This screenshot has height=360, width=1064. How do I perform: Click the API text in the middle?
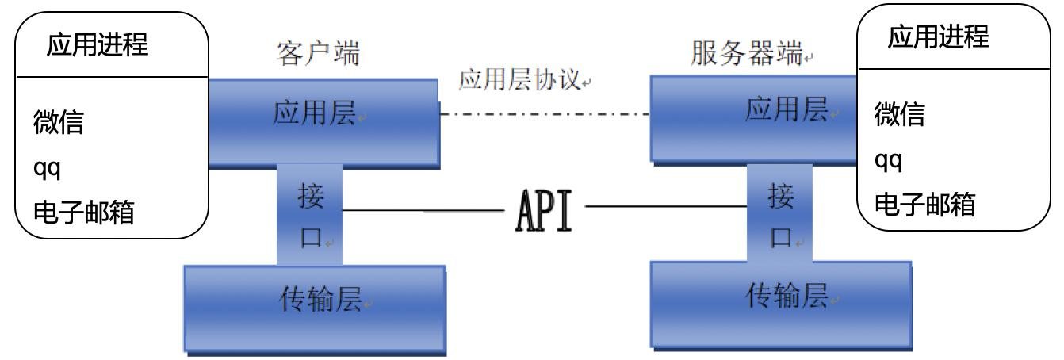click(543, 210)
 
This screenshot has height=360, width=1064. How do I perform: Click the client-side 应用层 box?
click(323, 119)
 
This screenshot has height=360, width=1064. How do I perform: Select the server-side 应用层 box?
click(753, 117)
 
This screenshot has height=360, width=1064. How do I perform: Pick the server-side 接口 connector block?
click(780, 213)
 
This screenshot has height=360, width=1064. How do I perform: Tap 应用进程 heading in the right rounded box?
click(939, 36)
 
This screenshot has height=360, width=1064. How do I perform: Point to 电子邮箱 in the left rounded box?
click(82, 213)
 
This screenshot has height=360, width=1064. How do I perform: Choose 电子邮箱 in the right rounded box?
click(924, 205)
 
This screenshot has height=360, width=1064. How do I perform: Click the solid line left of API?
click(422, 211)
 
